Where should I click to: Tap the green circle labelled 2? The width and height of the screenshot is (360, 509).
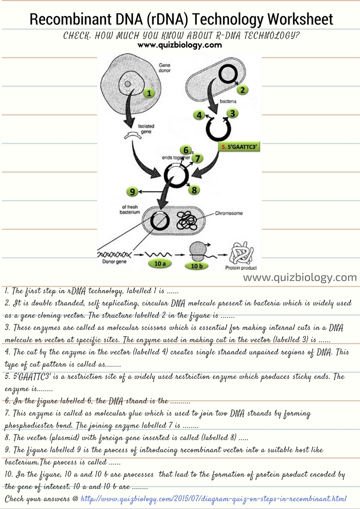243,89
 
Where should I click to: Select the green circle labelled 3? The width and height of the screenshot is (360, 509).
232,113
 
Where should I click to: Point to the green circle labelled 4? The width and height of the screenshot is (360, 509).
199,115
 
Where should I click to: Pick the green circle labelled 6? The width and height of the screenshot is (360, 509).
185,150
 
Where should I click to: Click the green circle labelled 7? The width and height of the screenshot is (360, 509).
198,158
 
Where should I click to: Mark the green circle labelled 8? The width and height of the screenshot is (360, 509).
194,190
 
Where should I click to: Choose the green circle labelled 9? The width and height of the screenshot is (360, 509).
132,192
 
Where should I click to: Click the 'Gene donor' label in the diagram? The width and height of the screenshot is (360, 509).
164,68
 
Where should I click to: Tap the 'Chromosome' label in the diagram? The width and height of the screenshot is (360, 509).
229,213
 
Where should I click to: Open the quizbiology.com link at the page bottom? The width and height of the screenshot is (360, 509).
214,498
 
